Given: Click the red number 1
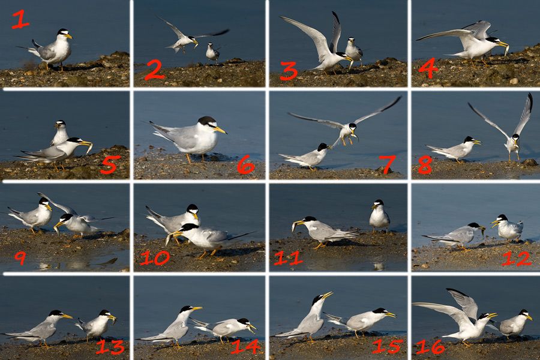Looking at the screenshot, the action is [20, 20].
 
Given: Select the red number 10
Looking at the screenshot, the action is [155, 258].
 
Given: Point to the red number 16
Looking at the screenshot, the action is [430, 347].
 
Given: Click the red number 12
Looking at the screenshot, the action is [516, 259].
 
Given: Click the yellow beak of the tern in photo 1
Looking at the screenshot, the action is [68, 36].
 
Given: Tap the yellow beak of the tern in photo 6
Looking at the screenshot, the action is [220, 130].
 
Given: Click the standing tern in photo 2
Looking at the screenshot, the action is [212, 52].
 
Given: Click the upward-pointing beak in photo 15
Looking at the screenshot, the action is [327, 295].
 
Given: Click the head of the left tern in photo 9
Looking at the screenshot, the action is [45, 203].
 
